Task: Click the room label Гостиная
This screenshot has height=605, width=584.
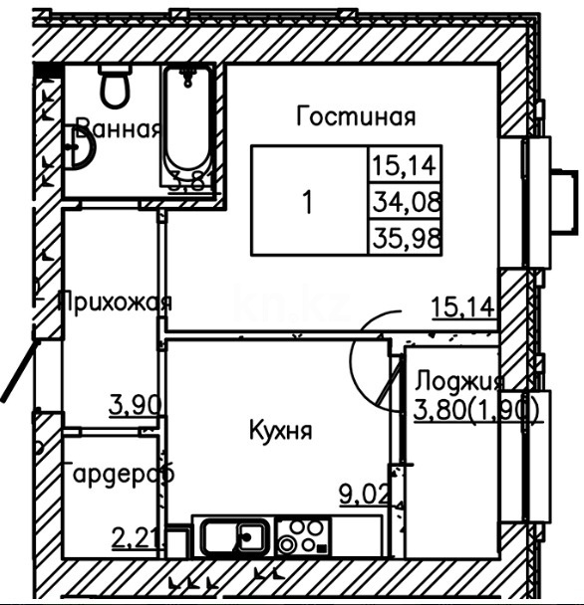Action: pyautogui.click(x=356, y=117)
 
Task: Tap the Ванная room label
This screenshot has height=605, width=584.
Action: pyautogui.click(x=119, y=128)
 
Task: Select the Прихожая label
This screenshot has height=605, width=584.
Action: pyautogui.click(x=115, y=302)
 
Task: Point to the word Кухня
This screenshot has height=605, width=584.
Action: pyautogui.click(x=280, y=431)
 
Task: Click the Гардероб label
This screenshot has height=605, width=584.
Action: pyautogui.click(x=118, y=474)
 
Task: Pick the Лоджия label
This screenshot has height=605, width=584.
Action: pyautogui.click(x=459, y=381)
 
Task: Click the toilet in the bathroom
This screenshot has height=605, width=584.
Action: pyautogui.click(x=116, y=87)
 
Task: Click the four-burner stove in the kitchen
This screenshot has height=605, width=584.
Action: pyautogui.click(x=302, y=537)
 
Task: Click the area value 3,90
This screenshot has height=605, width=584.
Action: pyautogui.click(x=132, y=404)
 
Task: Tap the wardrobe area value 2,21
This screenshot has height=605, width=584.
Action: pyautogui.click(x=133, y=538)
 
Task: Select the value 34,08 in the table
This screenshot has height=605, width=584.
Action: pyautogui.click(x=406, y=201)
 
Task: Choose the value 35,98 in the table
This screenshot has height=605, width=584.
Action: pyautogui.click(x=406, y=239)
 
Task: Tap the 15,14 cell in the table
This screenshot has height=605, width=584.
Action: pyautogui.click(x=406, y=163)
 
